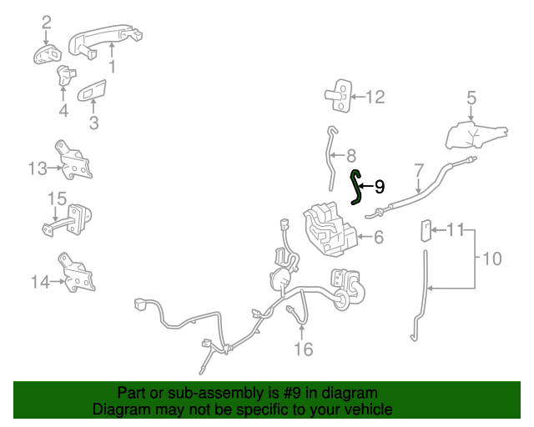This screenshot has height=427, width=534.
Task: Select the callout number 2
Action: point(46,22)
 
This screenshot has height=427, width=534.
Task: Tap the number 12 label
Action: point(375,98)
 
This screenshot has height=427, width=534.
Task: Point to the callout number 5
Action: point(471,98)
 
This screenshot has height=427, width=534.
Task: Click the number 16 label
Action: point(303,349)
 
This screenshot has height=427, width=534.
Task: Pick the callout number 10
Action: point(492,259)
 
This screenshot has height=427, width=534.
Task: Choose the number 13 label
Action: point(38,169)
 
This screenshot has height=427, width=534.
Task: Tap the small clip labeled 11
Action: point(426,230)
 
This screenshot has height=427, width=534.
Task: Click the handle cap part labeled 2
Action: point(48,55)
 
